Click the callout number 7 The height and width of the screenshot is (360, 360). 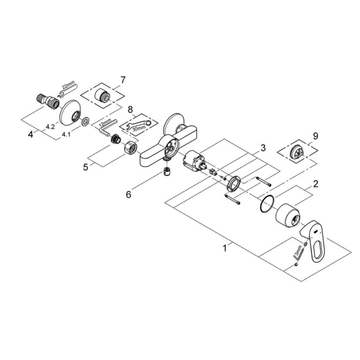click(x=123, y=79)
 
